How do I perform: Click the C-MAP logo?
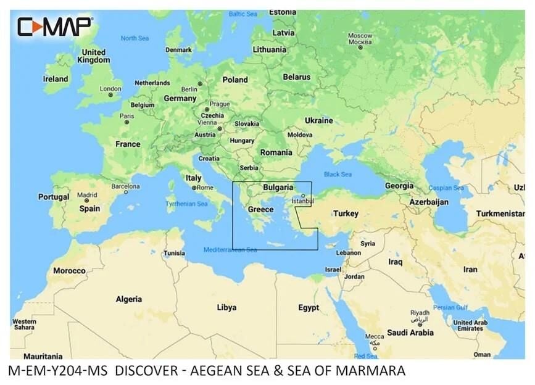[x=54, y=27]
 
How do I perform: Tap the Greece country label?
[x=260, y=210]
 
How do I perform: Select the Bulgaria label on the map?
[x=278, y=186]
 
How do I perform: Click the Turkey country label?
[x=346, y=213]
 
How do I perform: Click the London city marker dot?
[x=111, y=95]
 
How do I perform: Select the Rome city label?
[x=205, y=188]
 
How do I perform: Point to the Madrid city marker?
[x=87, y=201]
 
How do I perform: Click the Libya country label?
[x=226, y=307]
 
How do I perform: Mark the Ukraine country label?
[x=319, y=120]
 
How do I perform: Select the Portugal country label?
[x=54, y=197]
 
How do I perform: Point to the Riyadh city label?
[x=420, y=313]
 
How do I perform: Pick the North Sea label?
[x=135, y=38]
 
